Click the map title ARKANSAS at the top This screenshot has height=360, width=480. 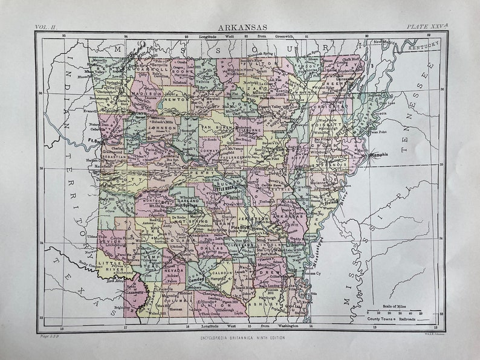click(x=239, y=27)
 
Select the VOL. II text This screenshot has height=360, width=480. click(x=46, y=27)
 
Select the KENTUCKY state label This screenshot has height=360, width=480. click(x=422, y=47)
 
